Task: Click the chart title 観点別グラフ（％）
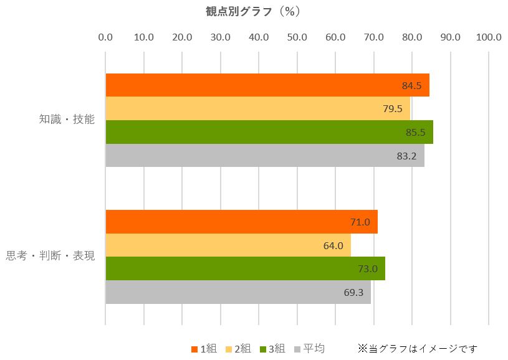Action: (253, 11)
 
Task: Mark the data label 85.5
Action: (415, 132)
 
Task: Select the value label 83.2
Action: (406, 156)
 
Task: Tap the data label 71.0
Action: (360, 222)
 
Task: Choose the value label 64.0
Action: (333, 245)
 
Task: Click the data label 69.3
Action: (353, 292)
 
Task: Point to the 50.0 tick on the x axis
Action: (297, 37)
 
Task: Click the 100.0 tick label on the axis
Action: (488, 37)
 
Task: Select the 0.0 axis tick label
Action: (105, 37)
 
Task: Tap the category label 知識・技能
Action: (67, 120)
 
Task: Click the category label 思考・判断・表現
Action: (50, 256)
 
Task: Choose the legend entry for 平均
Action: (309, 349)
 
